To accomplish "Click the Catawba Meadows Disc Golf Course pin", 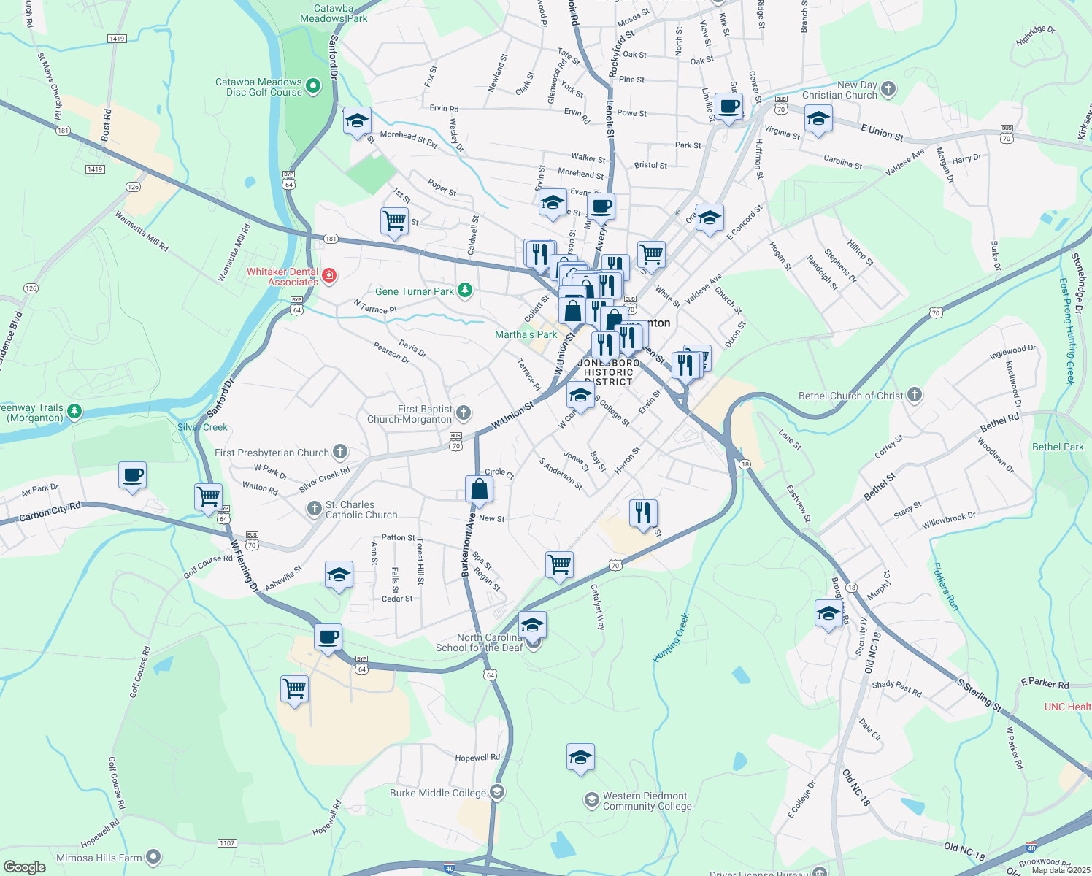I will [313, 87].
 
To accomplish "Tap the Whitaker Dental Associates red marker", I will [329, 275].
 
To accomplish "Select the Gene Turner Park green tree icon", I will [465, 291].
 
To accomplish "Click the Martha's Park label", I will [526, 334].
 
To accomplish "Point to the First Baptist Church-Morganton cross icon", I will [464, 414].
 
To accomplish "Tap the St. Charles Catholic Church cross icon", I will [315, 509].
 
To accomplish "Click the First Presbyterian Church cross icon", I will [340, 452].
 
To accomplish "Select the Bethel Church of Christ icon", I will [914, 396].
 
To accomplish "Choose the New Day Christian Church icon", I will [888, 90].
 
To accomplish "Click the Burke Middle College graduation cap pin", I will [497, 793].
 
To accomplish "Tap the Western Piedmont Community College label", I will [647, 801].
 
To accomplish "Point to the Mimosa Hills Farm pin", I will [153, 857].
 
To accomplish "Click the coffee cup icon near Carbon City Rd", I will [132, 476].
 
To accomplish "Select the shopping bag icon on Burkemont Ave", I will [479, 489].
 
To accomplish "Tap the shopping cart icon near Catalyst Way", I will [559, 564].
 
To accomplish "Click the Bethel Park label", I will [1058, 447].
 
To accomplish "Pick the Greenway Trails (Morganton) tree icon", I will [74, 412].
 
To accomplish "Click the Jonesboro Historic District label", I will [608, 372].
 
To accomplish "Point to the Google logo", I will [25, 867].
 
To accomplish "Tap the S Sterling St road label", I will [980, 696].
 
